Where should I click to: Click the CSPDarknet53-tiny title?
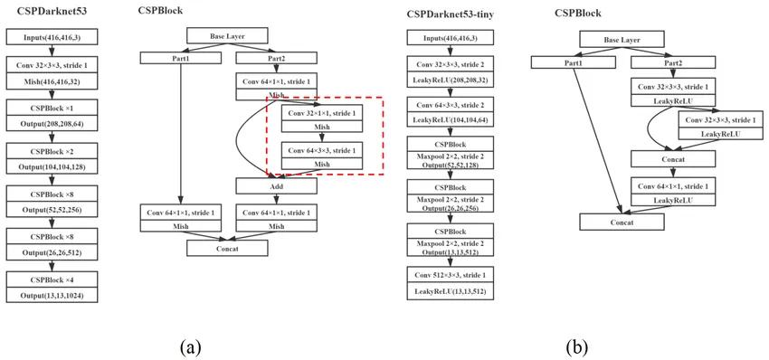[x=450, y=14]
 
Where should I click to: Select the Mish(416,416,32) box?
[x=52, y=82]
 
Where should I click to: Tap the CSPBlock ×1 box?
[x=52, y=108]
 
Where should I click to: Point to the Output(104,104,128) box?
[x=52, y=166]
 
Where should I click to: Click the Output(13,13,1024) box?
[x=52, y=295]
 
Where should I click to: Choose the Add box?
[x=277, y=186]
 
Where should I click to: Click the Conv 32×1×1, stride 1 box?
[x=322, y=113]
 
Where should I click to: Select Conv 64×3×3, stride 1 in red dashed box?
[x=322, y=149]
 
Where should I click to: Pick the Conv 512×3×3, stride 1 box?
[x=450, y=275]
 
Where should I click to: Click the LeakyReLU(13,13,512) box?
[x=450, y=291]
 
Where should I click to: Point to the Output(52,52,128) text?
[x=450, y=165]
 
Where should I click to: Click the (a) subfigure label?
[x=191, y=347]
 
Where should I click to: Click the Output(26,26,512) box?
[x=52, y=252]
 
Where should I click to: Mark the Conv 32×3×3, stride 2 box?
[x=450, y=65]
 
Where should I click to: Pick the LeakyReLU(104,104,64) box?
[x=450, y=120]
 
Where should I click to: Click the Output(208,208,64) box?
[x=52, y=125]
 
